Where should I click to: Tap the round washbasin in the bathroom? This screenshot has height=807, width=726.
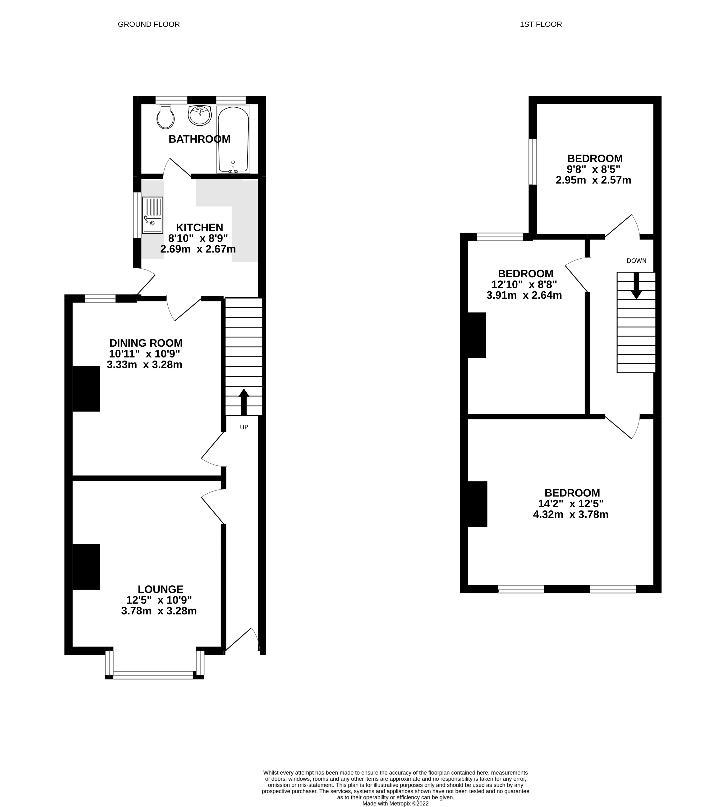tap(199, 115)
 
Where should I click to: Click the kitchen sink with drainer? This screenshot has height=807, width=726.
tap(153, 215)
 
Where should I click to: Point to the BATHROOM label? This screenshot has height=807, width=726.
tap(199, 139)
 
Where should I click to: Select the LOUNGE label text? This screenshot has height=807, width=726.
tap(160, 589)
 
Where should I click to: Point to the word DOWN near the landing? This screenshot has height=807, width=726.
tap(636, 261)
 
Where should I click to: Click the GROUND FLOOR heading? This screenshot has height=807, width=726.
tap(149, 24)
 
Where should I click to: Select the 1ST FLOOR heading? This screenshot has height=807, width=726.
tap(541, 24)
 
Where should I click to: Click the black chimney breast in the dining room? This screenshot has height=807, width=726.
tap(86, 389)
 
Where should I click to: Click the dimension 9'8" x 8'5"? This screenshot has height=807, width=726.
tap(593, 169)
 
